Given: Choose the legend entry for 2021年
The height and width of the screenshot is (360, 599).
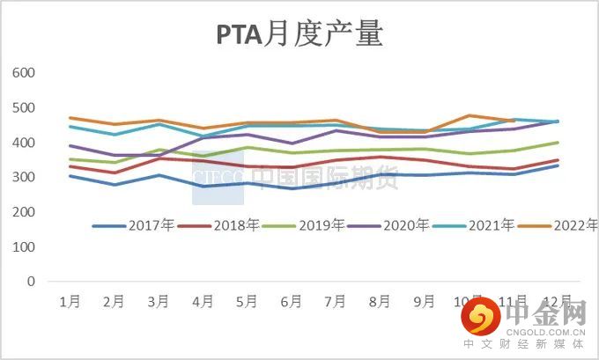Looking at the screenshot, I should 494,226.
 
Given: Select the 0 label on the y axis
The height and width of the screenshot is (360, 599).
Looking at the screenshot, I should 29,283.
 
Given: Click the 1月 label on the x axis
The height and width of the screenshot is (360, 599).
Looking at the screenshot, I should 70,302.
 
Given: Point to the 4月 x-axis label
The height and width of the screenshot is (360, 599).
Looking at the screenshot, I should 203,302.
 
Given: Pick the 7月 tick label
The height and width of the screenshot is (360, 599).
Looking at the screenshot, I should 336,302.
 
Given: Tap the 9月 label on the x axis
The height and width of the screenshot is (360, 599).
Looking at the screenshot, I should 424,302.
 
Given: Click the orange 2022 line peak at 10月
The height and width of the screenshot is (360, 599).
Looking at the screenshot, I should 469,115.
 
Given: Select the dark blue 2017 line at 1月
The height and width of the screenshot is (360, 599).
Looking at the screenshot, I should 70,176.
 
